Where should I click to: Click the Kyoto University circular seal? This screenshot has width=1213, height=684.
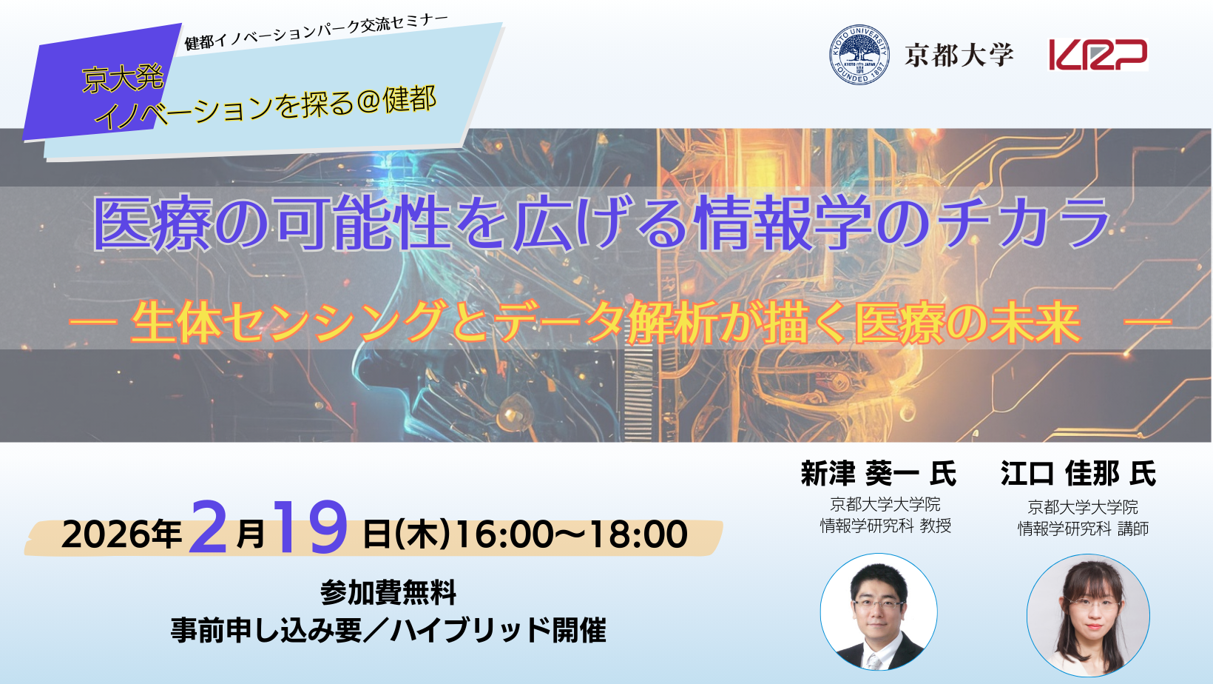(859, 55)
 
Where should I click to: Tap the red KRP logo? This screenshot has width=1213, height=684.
(1098, 55)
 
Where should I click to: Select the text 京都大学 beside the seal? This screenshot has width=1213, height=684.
(959, 56)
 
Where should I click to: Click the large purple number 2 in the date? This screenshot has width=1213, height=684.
(208, 526)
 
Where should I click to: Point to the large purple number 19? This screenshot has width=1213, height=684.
(311, 526)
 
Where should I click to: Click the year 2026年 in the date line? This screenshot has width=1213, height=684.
(121, 534)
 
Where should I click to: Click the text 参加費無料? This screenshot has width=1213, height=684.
(388, 593)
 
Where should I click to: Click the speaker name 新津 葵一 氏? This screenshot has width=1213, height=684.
(879, 474)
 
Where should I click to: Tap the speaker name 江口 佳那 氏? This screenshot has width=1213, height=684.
(1078, 474)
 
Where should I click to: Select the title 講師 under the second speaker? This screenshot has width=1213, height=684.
(1133, 529)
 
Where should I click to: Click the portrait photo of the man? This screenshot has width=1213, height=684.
(879, 612)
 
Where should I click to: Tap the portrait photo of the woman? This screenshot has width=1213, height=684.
(1088, 615)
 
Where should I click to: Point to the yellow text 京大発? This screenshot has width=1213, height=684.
(123, 80)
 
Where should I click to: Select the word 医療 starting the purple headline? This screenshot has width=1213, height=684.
(152, 223)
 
